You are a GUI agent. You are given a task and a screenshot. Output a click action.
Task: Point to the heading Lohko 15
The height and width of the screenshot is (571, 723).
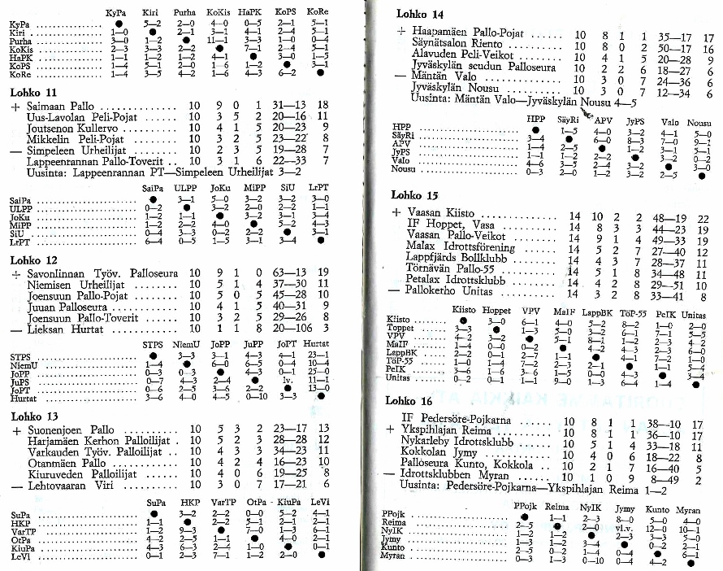coord(414,196)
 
